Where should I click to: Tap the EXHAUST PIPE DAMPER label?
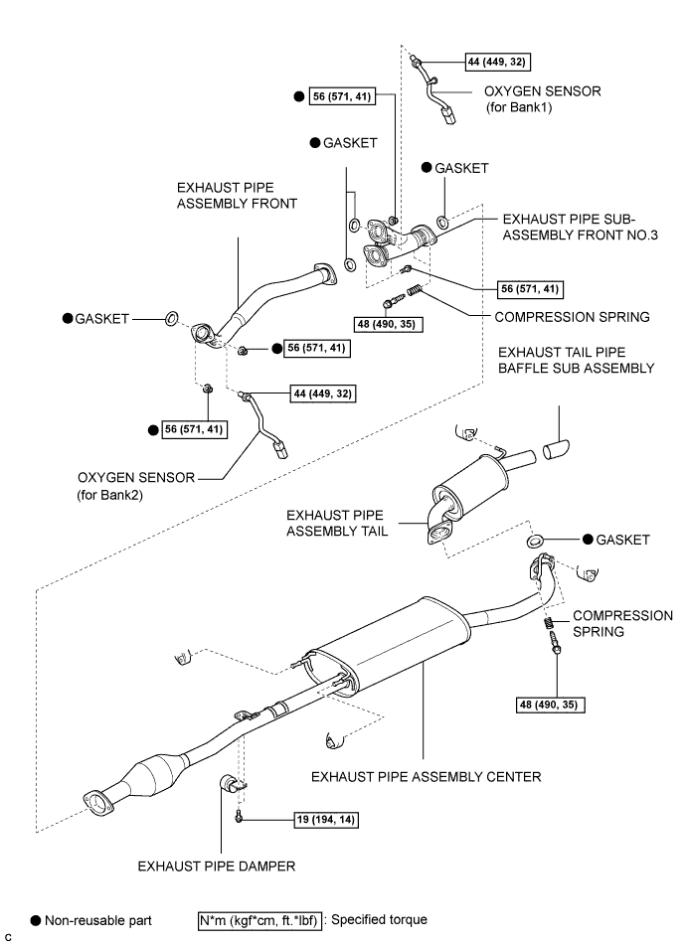(x=218, y=866)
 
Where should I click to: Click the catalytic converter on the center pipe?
(x=153, y=770)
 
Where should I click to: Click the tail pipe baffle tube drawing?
(x=555, y=444)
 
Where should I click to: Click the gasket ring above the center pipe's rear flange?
(x=533, y=541)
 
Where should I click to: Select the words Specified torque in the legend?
(x=379, y=920)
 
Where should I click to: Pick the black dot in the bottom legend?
(x=37, y=920)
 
